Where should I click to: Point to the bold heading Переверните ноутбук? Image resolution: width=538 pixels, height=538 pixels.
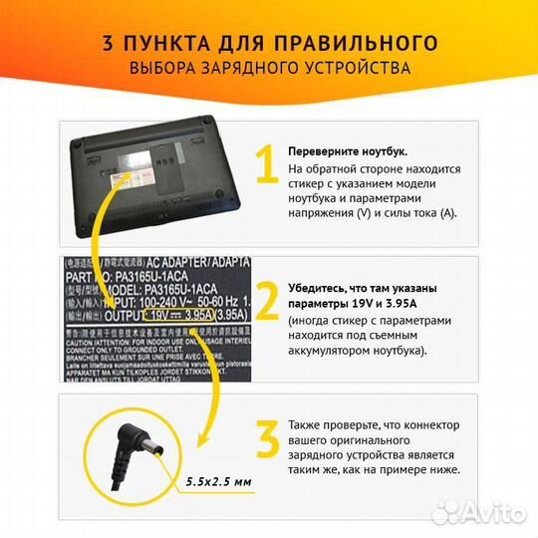[348, 150]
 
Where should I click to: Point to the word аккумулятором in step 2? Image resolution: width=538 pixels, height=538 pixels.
[337, 352]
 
